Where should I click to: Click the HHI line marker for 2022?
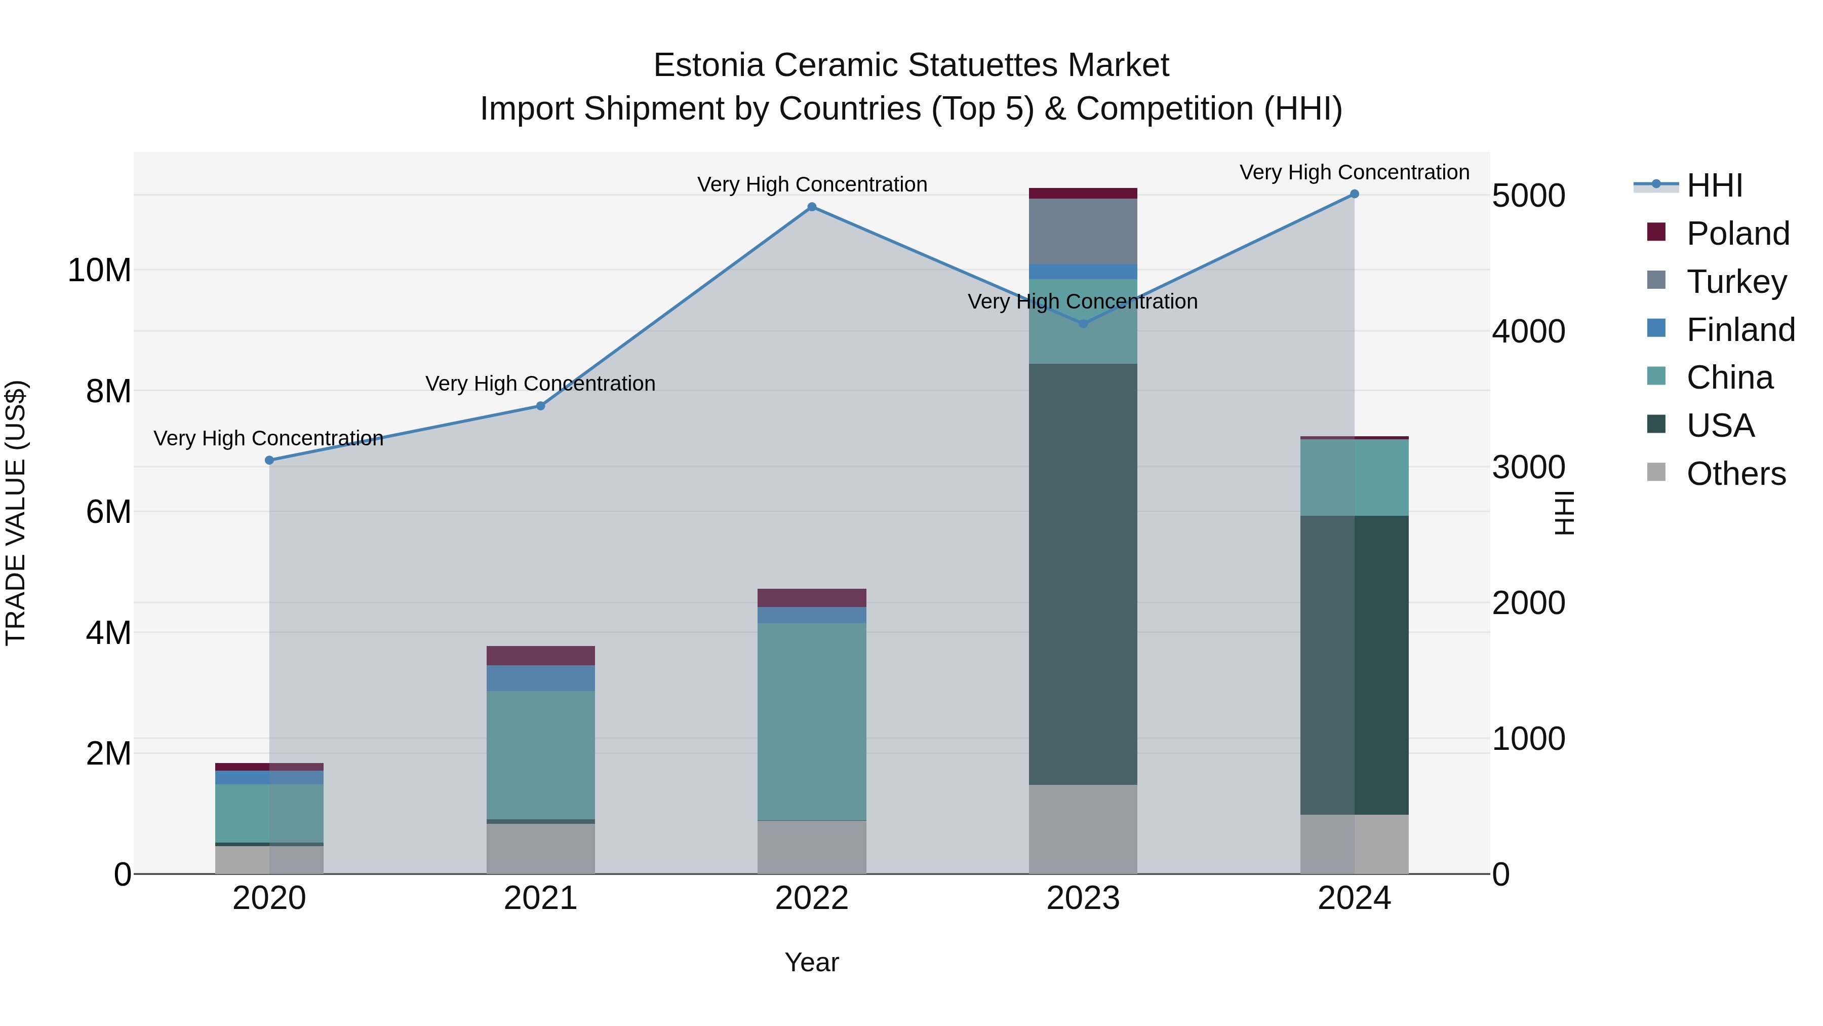pyautogui.click(x=812, y=207)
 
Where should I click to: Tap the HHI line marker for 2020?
pyautogui.click(x=269, y=460)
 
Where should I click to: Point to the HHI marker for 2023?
pyautogui.click(x=1083, y=324)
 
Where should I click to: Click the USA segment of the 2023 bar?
pyautogui.click(x=1083, y=574)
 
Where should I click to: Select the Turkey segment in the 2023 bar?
pyautogui.click(x=1083, y=231)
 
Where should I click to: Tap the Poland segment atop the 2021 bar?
pyautogui.click(x=541, y=655)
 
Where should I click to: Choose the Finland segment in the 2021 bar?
pyautogui.click(x=541, y=677)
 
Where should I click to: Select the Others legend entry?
pyautogui.click(x=1735, y=474)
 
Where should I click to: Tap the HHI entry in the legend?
pyautogui.click(x=1714, y=185)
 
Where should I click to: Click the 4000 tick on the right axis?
pyautogui.click(x=1529, y=331)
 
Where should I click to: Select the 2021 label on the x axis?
pyautogui.click(x=541, y=898)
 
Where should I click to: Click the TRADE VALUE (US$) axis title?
pyautogui.click(x=16, y=513)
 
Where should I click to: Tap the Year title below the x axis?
pyautogui.click(x=812, y=962)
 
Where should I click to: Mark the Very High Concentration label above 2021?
pyautogui.click(x=541, y=383)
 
